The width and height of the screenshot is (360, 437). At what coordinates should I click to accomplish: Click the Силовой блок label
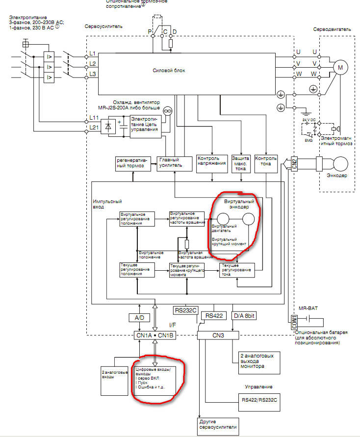pos(169,71)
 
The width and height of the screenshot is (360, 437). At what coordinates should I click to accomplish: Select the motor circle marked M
pos(340,67)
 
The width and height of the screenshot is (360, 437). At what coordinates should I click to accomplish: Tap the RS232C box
pos(185,310)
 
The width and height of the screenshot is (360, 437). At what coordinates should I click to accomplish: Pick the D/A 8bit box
pos(244,316)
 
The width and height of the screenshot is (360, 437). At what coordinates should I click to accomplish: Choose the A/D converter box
pos(139,318)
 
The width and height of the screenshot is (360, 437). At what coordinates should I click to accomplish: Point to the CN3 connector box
pos(218,335)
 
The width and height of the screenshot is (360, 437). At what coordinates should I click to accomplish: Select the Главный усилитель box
pos(170,163)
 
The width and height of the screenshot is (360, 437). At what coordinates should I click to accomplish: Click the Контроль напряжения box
pos(211,162)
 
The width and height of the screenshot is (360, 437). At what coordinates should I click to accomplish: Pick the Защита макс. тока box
pos(241,164)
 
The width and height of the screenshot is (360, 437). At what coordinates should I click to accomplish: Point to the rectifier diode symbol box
pos(108,127)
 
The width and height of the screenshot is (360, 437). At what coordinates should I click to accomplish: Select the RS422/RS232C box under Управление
pos(259,400)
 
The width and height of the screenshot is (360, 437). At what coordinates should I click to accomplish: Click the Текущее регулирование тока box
pos(237,270)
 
